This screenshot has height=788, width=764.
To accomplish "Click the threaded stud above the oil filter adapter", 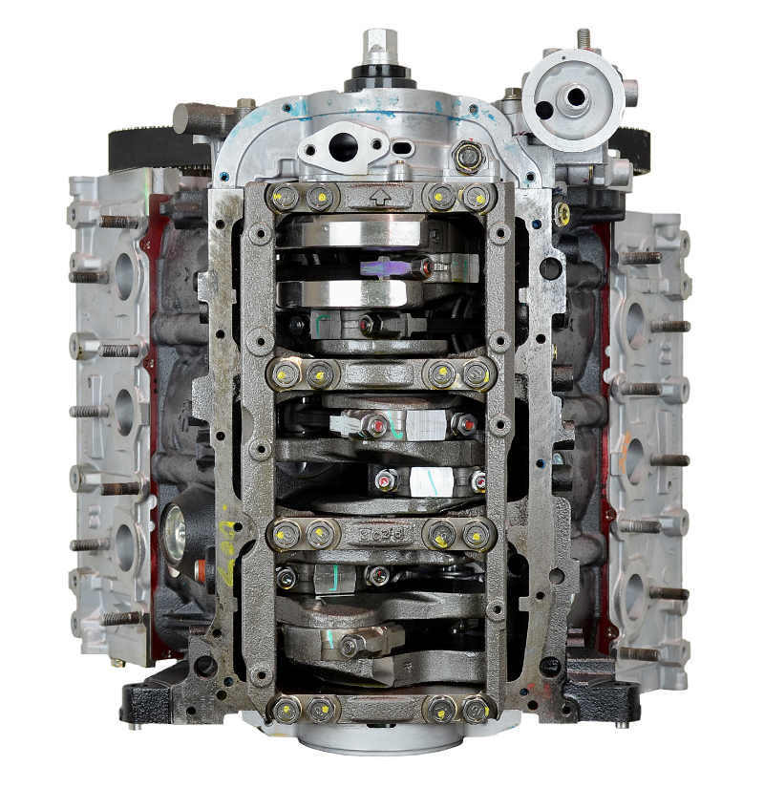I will [584, 39].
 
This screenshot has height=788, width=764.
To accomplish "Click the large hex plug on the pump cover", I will [467, 157].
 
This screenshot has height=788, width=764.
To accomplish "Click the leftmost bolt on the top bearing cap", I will [282, 198].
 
